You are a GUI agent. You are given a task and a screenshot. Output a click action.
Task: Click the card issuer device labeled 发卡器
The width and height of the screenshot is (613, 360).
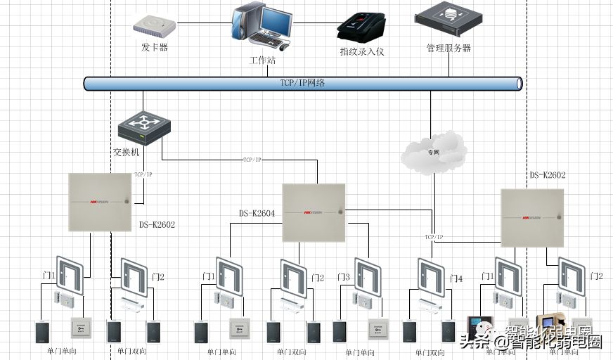[x=154, y=27]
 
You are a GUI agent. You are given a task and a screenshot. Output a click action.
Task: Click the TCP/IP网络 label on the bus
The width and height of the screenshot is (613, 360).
[x=302, y=83]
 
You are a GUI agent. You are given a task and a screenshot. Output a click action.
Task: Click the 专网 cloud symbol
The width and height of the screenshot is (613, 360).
[x=433, y=150]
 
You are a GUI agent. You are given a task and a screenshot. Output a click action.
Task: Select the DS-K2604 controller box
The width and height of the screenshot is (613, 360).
[x=314, y=212]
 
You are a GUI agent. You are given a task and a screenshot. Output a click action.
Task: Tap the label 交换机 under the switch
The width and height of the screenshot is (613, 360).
[x=127, y=152]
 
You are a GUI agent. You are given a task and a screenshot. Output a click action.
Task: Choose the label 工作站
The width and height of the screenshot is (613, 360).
[x=262, y=60]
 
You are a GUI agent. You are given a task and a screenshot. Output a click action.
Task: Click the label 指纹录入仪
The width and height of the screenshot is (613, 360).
[x=362, y=51]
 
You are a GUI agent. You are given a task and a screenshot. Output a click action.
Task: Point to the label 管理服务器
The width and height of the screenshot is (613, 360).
[x=449, y=49]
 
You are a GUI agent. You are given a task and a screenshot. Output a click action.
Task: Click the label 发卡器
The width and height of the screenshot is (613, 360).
[x=155, y=48]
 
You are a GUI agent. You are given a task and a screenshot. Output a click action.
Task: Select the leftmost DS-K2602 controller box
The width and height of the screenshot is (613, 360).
[x=100, y=202]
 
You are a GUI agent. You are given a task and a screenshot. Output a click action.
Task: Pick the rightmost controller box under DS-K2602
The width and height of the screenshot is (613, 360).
[x=532, y=217]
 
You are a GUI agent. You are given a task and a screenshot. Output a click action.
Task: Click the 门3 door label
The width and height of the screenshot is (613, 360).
[x=343, y=278]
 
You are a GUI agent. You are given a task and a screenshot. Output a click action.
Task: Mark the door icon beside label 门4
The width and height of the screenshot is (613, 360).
[x=430, y=276]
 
